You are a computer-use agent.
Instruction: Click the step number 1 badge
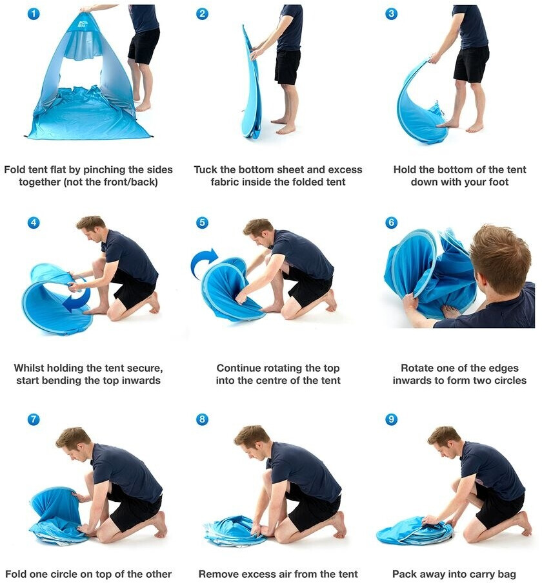tap(34, 14)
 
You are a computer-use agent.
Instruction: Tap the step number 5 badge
tap(202, 222)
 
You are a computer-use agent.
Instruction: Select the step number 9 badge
tap(391, 419)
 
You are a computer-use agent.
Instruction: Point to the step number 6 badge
tap(391, 222)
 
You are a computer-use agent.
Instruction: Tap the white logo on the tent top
tap(83, 24)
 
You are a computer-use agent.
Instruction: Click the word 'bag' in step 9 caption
tap(507, 575)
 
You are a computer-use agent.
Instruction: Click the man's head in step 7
tap(74, 443)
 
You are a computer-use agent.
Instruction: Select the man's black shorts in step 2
tap(288, 66)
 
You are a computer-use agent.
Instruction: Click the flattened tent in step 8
tap(236, 530)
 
